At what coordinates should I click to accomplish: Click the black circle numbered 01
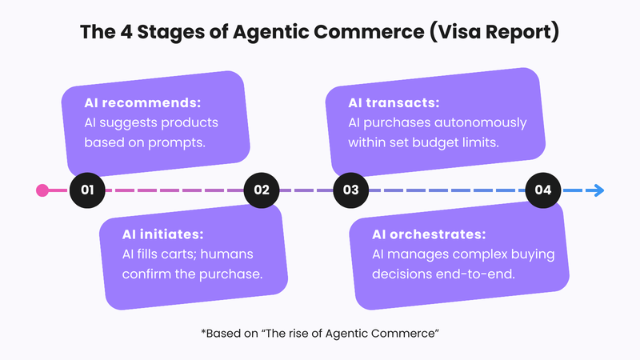(88, 190)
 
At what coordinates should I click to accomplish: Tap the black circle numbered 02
(262, 190)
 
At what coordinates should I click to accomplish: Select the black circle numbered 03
(350, 190)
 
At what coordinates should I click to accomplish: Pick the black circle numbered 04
(543, 190)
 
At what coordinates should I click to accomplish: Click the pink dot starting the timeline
(42, 190)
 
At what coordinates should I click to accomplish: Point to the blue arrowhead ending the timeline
(598, 190)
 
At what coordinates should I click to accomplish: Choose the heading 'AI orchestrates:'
(430, 235)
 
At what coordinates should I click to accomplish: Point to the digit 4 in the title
(134, 34)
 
